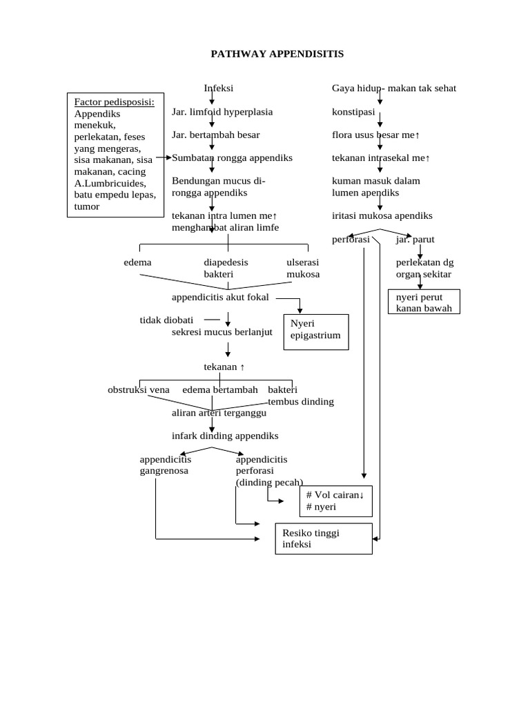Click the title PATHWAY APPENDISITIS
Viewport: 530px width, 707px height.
point(277,54)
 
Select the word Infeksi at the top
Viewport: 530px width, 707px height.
point(218,88)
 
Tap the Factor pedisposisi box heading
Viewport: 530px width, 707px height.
point(115,102)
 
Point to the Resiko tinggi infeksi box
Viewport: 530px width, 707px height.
point(324,539)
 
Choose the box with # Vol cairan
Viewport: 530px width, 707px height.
point(335,501)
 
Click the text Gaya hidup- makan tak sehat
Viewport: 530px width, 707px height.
point(394,88)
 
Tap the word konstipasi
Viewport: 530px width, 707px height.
point(353,112)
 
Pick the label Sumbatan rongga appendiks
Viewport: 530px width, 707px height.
point(232,157)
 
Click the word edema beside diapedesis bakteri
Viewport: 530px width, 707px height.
point(137,262)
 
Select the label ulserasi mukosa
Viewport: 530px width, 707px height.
point(303,269)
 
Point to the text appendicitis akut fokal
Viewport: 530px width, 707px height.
point(220,298)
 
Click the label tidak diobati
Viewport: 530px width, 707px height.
point(166,320)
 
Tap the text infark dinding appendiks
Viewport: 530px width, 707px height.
point(225,436)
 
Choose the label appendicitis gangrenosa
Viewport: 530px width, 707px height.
point(165,465)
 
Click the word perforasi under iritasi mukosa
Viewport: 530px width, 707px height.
point(351,240)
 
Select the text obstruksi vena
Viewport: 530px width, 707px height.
point(138,389)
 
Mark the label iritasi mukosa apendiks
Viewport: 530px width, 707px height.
point(382,215)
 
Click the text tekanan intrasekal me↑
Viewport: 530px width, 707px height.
point(381,158)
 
